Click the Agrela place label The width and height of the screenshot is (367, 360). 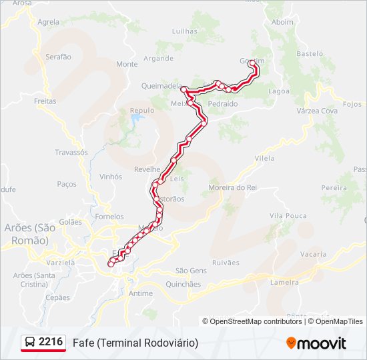coord(49,21)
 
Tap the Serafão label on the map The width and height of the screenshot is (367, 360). coord(58,57)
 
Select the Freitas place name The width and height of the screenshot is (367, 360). coord(45,101)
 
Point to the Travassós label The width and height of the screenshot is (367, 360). coord(71,152)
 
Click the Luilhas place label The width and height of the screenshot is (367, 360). coord(186,31)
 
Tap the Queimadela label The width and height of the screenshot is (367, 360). coord(162,85)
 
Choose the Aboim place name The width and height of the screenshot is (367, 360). coord(283,21)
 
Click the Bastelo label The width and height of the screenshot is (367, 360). coord(310,53)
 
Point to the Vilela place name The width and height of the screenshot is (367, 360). coord(265,158)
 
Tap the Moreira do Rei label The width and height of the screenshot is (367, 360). coord(233,187)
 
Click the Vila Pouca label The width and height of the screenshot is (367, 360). coord(288,215)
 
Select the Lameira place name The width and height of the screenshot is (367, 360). coord(284,282)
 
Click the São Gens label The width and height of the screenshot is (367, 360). coord(191,270)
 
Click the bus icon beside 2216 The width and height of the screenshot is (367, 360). coord(31,343)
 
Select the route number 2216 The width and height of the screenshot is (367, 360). coord(51,342)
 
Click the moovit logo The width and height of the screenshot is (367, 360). coord(316,343)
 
